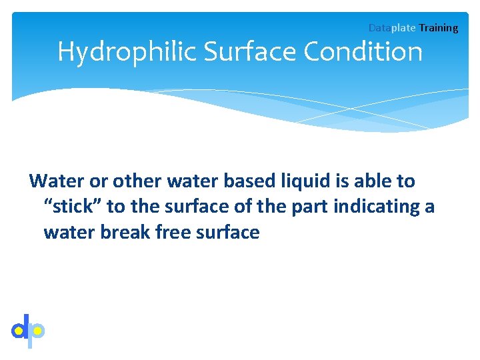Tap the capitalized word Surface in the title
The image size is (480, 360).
pos(243,52)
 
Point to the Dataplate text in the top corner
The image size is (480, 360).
pos(392,28)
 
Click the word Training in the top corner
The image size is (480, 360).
pos(439,28)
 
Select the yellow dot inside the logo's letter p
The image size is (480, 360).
pos(37,329)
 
